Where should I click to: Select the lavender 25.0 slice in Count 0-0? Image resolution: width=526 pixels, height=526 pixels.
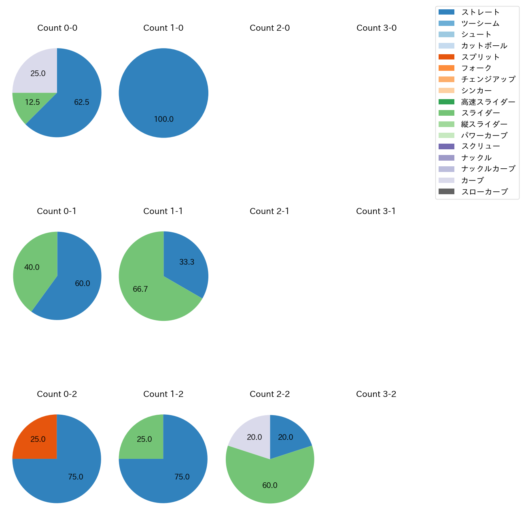tap(38, 73)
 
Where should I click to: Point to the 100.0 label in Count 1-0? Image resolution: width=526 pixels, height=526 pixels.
tap(163, 119)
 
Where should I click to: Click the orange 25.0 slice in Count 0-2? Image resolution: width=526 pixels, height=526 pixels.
tap(38, 439)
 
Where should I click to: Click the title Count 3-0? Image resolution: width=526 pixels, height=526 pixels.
tap(376, 28)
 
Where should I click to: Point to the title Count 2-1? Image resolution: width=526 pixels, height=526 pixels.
tap(269, 211)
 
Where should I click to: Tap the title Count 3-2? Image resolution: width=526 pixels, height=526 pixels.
tap(376, 394)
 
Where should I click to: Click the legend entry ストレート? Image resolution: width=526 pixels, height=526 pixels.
tap(480, 12)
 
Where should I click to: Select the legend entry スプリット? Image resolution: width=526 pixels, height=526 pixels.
tap(480, 57)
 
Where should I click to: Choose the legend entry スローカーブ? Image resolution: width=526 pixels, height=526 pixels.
tap(484, 192)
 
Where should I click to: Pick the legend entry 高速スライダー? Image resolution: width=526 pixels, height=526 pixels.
tap(488, 102)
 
